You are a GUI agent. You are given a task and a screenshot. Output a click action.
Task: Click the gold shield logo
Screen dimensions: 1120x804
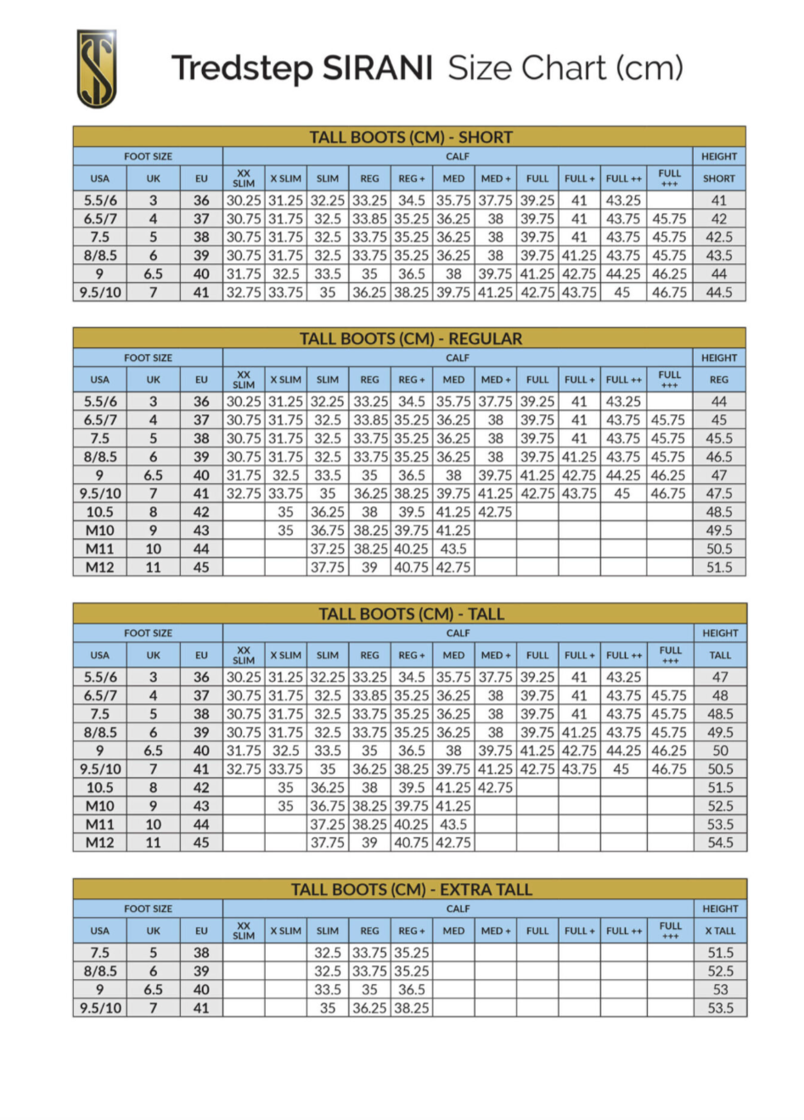(96, 69)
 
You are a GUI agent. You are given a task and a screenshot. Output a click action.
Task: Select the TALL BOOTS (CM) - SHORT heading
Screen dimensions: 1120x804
(410, 137)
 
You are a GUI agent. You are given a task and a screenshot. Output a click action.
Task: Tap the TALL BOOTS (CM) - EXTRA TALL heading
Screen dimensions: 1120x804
(411, 889)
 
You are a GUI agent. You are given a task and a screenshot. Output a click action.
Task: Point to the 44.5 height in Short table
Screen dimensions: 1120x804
(718, 292)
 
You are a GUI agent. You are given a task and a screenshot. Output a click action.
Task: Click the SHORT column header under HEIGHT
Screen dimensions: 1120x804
(718, 178)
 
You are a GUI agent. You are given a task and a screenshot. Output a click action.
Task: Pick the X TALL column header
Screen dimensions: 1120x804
(720, 931)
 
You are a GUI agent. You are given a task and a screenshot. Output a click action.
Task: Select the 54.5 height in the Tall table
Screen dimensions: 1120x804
(720, 842)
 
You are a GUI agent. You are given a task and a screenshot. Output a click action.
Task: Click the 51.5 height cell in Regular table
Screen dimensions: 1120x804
(718, 567)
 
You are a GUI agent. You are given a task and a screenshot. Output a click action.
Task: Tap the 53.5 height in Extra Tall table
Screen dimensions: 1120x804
(720, 1008)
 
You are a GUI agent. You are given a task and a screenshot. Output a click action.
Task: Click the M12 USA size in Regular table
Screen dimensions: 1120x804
(99, 567)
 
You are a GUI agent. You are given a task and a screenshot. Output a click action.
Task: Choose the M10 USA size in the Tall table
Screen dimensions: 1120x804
(99, 806)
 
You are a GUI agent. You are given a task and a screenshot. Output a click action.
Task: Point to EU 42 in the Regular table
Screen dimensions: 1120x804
(201, 512)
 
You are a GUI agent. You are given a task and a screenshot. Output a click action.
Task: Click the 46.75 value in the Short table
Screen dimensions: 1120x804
(669, 292)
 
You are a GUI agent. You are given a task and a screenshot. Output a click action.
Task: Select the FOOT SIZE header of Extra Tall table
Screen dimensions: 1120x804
(148, 909)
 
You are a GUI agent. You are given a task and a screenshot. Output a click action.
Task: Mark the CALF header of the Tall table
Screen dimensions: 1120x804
(458, 633)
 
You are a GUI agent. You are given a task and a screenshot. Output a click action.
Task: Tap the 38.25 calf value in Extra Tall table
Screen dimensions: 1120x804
(411, 1008)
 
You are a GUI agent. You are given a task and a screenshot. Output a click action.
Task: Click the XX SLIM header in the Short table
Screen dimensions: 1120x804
(244, 178)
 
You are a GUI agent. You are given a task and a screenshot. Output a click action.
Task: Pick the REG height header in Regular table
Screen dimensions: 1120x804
(718, 380)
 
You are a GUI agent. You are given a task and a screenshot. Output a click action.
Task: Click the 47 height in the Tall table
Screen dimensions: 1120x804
(720, 677)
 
